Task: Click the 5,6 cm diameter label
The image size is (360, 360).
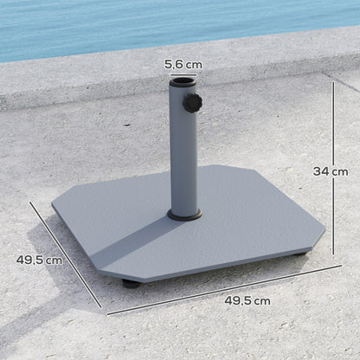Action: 183,63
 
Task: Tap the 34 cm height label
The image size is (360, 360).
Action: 330,171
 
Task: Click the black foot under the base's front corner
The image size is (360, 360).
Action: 130,282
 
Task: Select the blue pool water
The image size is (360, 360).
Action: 173,22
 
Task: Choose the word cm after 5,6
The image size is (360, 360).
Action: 194,63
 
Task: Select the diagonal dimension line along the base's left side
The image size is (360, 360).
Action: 66,254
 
